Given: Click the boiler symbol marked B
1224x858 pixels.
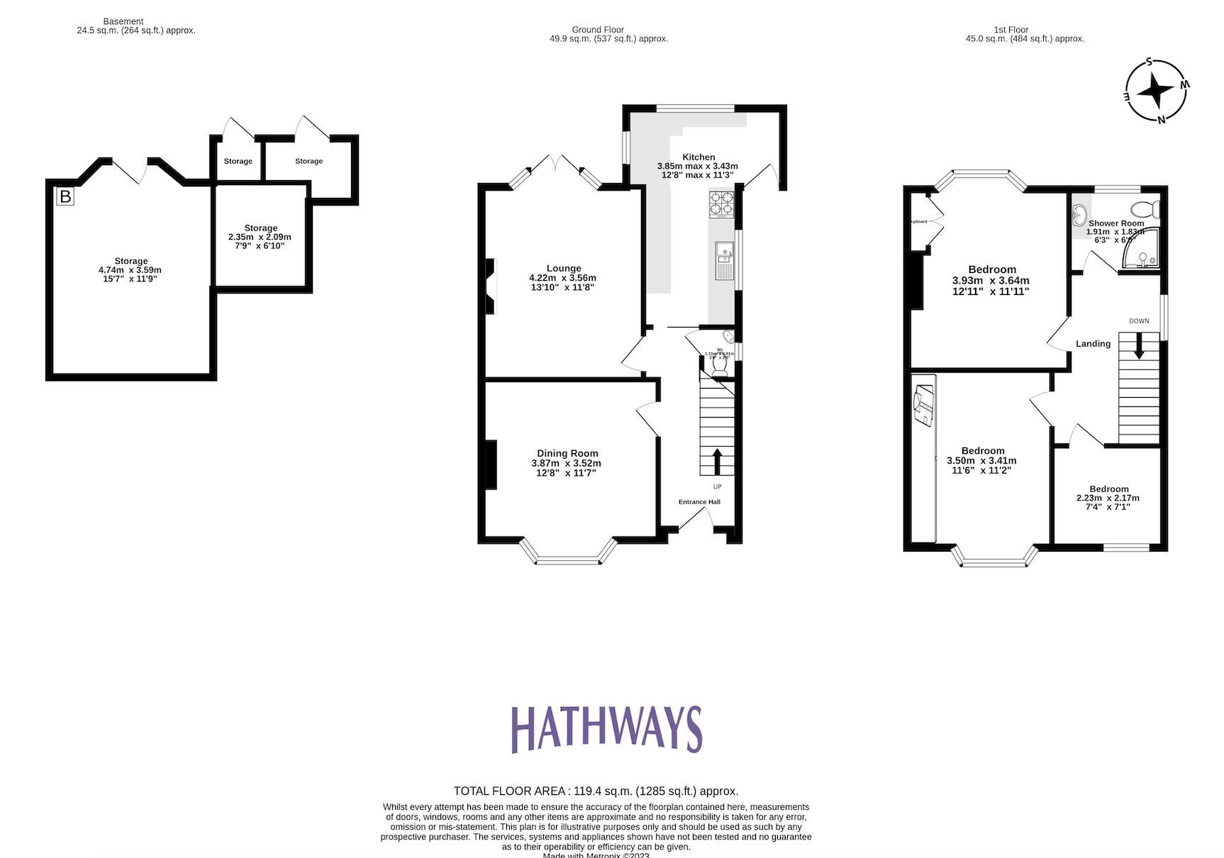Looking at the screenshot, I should (x=65, y=196).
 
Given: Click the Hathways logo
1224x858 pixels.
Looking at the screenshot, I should (x=606, y=729).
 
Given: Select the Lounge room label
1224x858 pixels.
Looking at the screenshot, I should (x=564, y=268).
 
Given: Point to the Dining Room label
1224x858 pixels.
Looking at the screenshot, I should (x=567, y=453).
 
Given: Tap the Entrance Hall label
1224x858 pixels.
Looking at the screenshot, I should (x=699, y=502).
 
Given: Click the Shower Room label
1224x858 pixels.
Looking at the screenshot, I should (x=1116, y=223).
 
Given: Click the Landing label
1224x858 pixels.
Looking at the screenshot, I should (x=1093, y=344).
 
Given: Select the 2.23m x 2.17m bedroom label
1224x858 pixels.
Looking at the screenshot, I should (x=1108, y=498).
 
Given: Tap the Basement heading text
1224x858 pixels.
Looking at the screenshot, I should (x=123, y=21).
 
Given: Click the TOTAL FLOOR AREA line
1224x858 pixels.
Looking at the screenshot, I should (x=596, y=791).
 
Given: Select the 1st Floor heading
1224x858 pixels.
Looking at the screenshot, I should (x=1011, y=30).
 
